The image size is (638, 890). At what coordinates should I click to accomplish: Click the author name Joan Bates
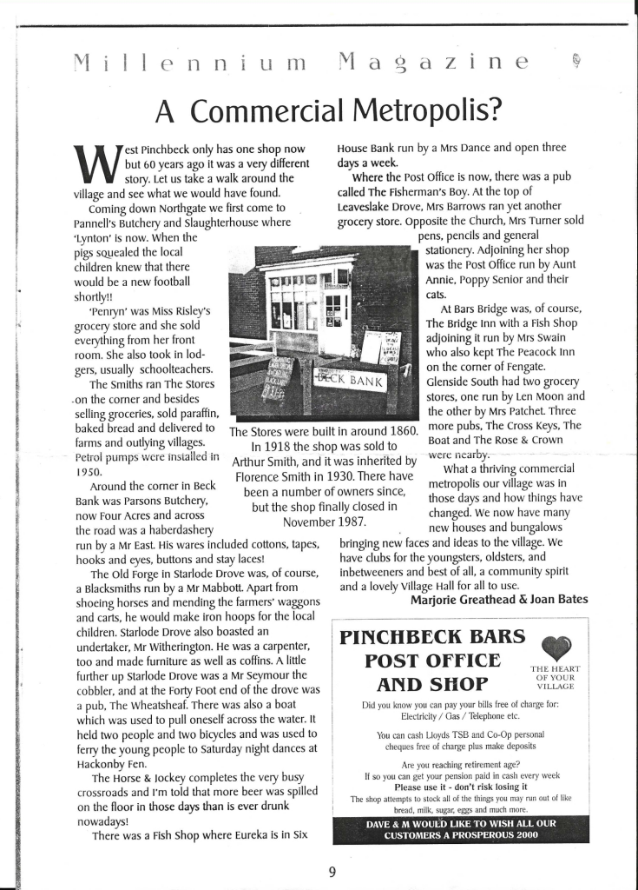click(555, 599)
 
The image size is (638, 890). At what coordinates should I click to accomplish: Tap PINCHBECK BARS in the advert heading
click(432, 637)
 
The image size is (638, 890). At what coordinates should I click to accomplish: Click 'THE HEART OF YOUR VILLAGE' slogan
click(556, 677)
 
